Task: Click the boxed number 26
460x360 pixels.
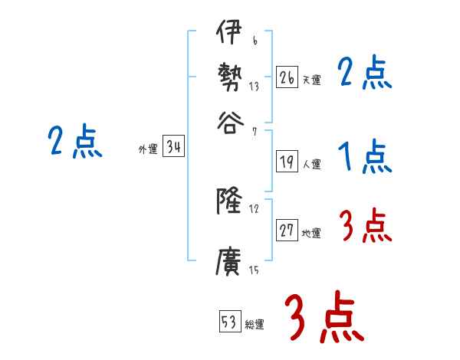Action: coord(287,77)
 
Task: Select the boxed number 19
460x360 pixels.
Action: coord(287,162)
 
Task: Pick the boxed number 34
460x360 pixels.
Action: coord(173,148)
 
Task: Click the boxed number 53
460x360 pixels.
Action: coord(229,322)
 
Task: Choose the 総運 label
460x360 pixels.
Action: coord(254,325)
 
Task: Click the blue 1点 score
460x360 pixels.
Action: coord(365,158)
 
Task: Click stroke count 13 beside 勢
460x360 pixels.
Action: coord(253,87)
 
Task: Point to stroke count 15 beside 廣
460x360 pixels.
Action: coord(253,270)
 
